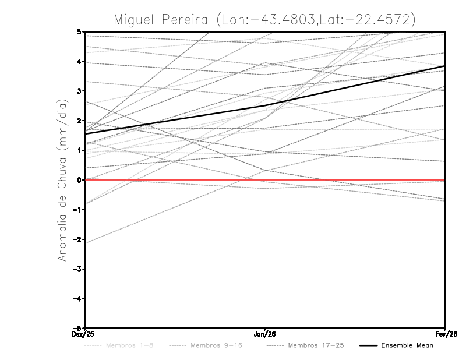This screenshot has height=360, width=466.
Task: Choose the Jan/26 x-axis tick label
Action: pos(265,334)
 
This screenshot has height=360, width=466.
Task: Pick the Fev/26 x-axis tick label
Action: pos(445,334)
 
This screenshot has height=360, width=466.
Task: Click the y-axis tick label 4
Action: pos(79,61)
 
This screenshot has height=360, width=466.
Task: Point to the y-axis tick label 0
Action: pos(79,180)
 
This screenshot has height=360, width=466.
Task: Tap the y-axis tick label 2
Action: pos(79,121)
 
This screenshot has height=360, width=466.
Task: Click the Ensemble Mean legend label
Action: pos(407,345)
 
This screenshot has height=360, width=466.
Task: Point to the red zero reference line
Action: pos(349,180)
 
